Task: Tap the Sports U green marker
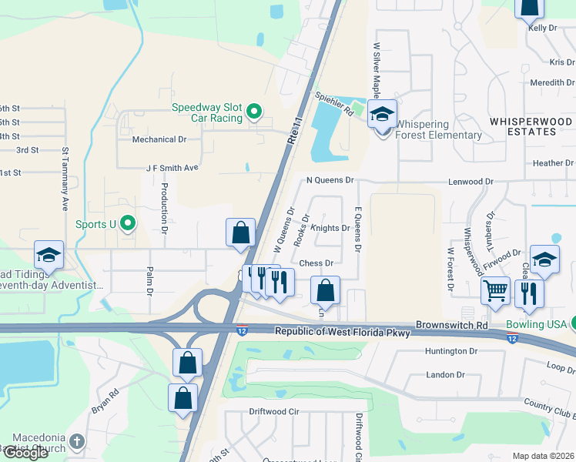129,224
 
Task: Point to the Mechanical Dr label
159,139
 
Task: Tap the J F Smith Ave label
172,167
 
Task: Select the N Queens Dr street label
329,180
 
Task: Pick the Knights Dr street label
330,228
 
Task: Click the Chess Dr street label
315,263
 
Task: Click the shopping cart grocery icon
496,291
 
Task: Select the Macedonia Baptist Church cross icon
75,442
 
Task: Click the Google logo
25,452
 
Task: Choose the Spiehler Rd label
333,105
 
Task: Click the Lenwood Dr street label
471,182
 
